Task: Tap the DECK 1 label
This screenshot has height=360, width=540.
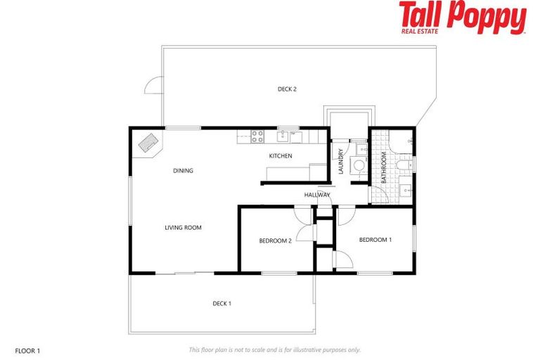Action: tap(221, 304)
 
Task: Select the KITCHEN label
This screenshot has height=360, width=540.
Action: tap(281, 156)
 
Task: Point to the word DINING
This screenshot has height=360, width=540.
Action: tap(183, 171)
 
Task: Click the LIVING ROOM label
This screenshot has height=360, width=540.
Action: tap(184, 227)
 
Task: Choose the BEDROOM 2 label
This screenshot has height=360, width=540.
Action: tap(275, 241)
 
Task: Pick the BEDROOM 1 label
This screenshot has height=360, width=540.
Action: tap(375, 240)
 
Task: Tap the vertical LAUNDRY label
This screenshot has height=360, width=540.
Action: tap(340, 162)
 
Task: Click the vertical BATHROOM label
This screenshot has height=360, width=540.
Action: tap(384, 167)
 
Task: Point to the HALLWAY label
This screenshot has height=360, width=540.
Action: tap(317, 195)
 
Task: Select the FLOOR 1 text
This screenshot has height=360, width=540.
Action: tap(28, 349)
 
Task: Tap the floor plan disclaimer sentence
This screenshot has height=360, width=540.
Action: tap(274, 349)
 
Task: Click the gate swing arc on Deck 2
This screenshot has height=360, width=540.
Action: tap(153, 85)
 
